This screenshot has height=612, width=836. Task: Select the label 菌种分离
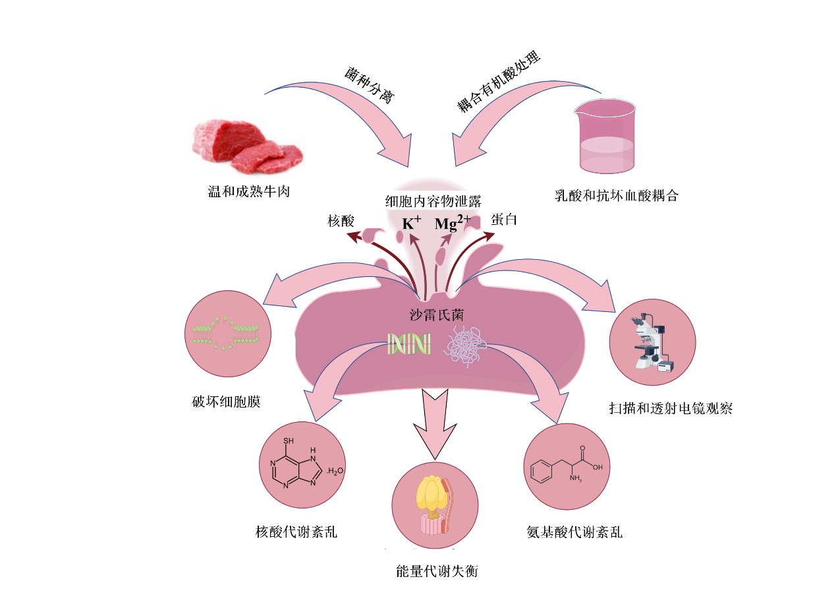(x=368, y=84)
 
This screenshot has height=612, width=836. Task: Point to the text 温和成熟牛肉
(x=248, y=192)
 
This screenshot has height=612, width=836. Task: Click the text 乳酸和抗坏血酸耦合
(x=616, y=196)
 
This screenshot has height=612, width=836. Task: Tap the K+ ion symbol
(x=411, y=224)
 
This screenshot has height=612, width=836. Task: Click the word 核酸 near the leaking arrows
(x=341, y=222)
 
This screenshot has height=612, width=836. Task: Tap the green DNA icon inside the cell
(x=409, y=343)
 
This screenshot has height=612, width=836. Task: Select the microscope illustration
(x=652, y=344)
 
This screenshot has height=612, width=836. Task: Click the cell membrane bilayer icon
(x=226, y=334)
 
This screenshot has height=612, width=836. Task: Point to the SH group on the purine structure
(x=288, y=440)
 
